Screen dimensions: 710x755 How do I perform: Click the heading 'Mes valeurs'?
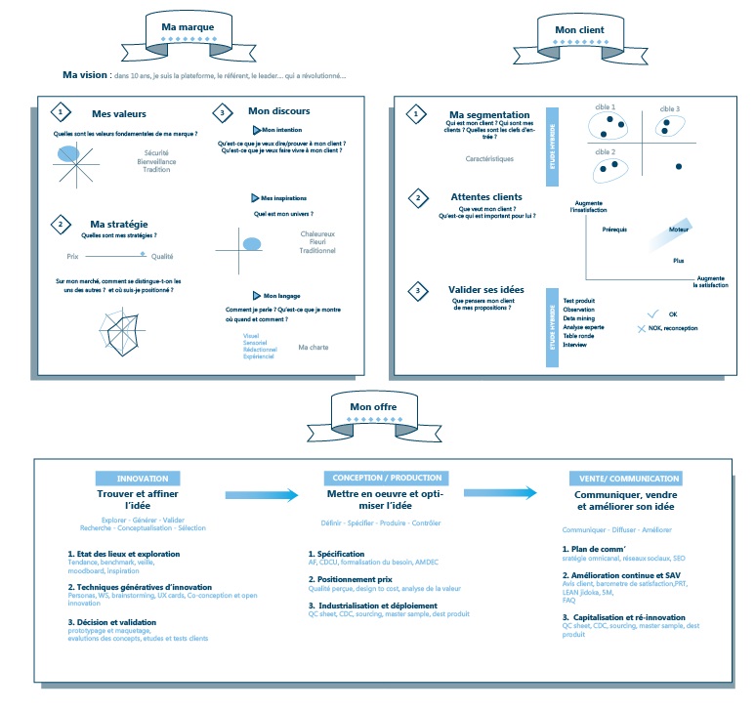[114, 113]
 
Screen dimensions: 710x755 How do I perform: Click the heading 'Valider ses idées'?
[487, 290]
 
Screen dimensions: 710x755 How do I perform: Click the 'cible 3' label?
[670, 108]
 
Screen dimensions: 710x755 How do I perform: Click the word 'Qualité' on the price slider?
[162, 257]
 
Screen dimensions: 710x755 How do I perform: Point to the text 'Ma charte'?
[314, 347]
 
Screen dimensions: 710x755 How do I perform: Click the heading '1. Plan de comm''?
[594, 550]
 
